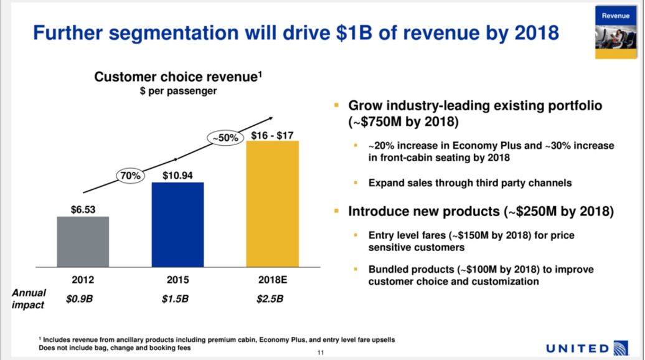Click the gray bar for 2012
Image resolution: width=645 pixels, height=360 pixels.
(x=83, y=241)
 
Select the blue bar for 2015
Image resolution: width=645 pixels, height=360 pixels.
(x=178, y=224)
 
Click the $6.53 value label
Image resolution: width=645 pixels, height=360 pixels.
(x=83, y=210)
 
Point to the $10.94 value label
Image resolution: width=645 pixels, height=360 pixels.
(x=178, y=176)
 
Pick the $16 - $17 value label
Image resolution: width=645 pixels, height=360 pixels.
(x=273, y=135)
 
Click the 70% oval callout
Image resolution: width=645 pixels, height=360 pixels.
(x=131, y=176)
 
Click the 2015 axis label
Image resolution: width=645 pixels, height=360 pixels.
(x=178, y=280)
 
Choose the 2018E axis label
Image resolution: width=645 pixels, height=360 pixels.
(x=272, y=280)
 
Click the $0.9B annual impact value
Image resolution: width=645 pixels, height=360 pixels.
(x=80, y=299)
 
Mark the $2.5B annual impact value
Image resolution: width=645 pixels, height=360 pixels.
(x=270, y=299)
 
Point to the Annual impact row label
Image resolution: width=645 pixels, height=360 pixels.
(x=29, y=299)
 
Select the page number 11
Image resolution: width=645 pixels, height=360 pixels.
(x=321, y=353)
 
